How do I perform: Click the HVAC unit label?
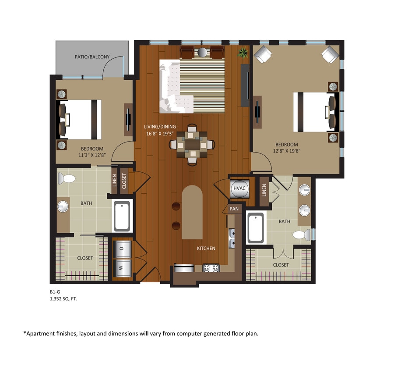[239, 188]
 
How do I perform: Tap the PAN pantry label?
[234, 209]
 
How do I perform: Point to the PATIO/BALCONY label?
[92, 57]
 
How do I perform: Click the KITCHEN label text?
[206, 249]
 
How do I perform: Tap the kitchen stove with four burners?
[211, 267]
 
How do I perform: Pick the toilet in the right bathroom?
[301, 235]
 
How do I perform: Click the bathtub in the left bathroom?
[122, 216]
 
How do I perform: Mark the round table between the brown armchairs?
[202, 52]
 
